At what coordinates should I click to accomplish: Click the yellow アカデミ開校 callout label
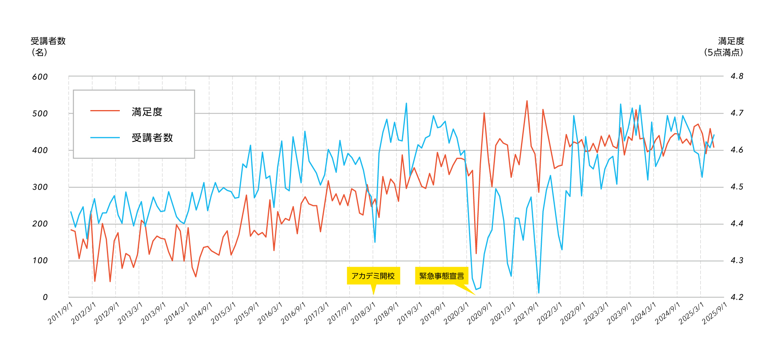(x=373, y=276)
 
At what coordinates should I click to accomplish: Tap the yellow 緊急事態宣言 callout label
(x=441, y=276)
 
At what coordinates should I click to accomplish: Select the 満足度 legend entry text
(x=147, y=112)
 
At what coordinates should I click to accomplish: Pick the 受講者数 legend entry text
(x=152, y=138)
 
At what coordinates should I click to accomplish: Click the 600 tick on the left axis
(x=40, y=77)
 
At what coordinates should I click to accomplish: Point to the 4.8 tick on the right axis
(x=737, y=76)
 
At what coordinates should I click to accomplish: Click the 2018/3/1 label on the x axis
(x=362, y=314)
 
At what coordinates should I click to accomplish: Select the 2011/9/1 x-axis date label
(x=59, y=314)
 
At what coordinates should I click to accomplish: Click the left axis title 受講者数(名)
(x=48, y=46)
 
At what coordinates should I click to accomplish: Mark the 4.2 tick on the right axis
(x=737, y=297)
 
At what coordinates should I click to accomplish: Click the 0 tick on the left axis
(x=45, y=297)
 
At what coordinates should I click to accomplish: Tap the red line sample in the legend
(x=105, y=111)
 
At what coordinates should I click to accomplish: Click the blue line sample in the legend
(x=105, y=137)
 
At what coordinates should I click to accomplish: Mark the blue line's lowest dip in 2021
(x=539, y=293)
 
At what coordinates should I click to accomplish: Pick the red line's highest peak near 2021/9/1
(x=527, y=101)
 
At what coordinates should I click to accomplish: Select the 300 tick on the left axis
(x=40, y=187)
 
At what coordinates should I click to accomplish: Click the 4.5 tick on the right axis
(x=737, y=187)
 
